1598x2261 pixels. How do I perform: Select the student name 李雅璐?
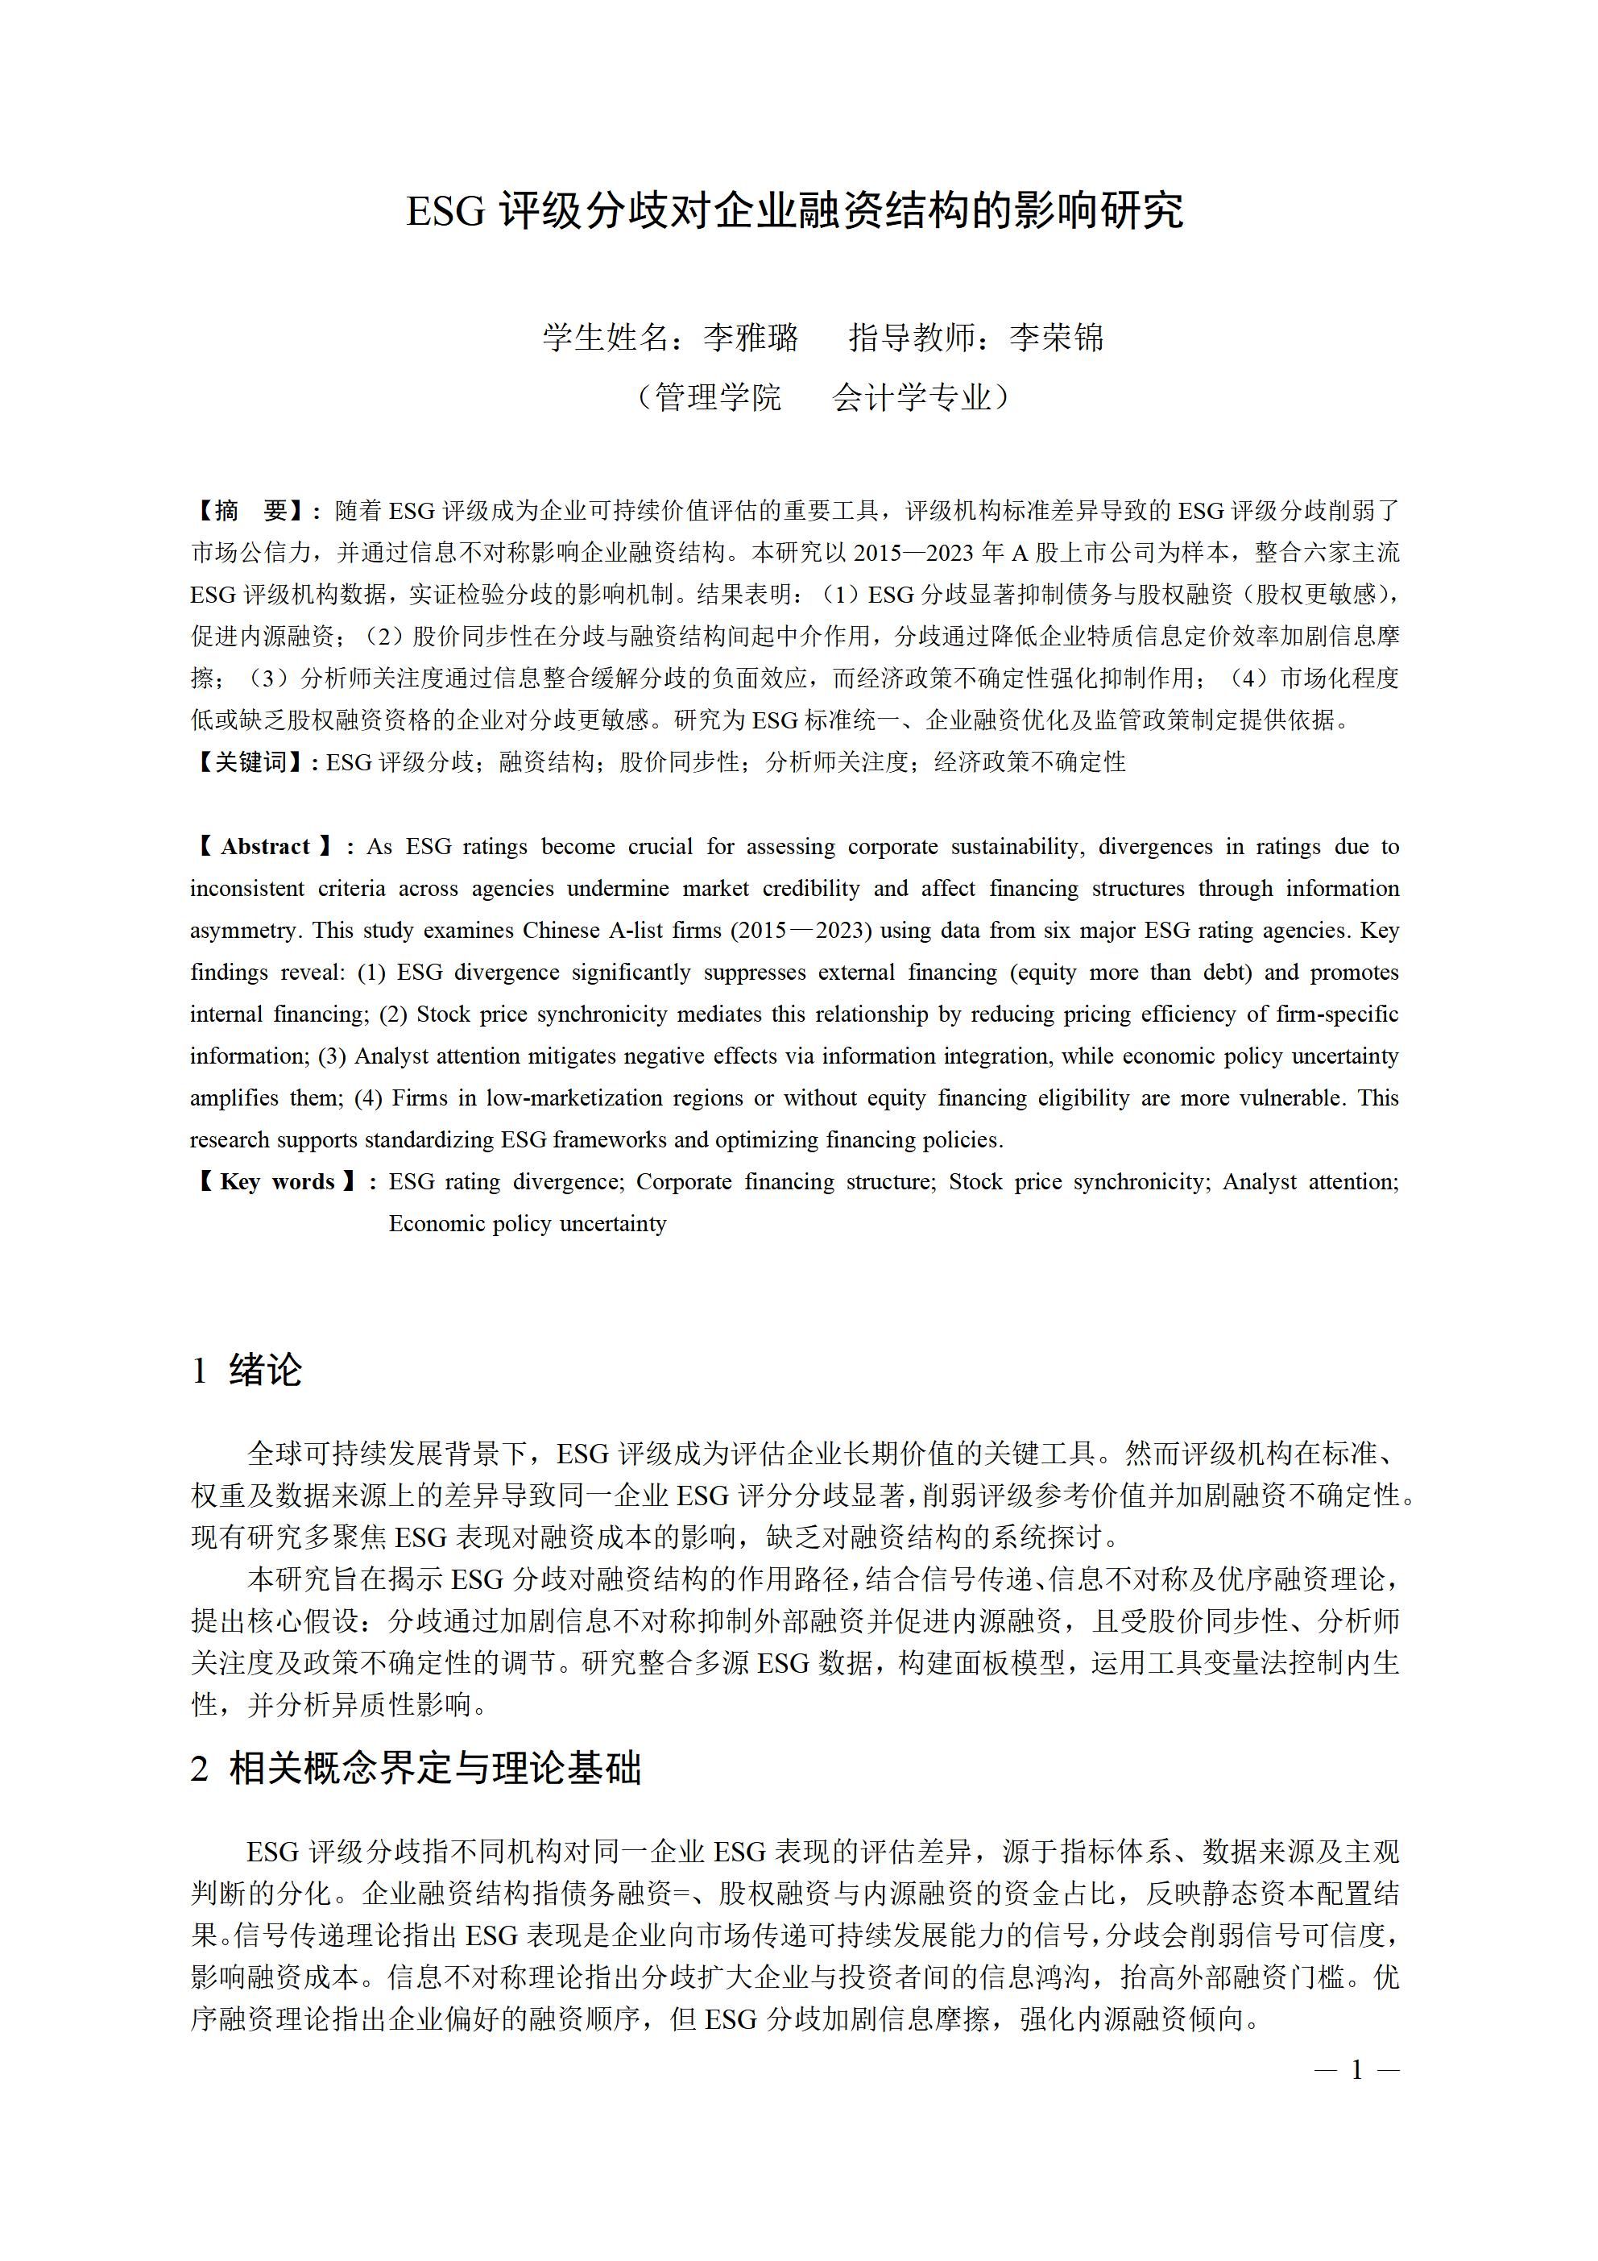[751, 338]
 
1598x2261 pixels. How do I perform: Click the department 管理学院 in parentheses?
[718, 398]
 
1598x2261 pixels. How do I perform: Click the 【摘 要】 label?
[251, 511]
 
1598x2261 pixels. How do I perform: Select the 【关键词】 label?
[251, 762]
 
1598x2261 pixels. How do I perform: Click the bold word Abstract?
[265, 847]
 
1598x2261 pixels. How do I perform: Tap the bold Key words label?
[277, 1182]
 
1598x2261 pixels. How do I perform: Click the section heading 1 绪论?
[247, 1370]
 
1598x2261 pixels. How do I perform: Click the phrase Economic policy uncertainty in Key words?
[528, 1224]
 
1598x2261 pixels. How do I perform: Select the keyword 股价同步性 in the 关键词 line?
[678, 762]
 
